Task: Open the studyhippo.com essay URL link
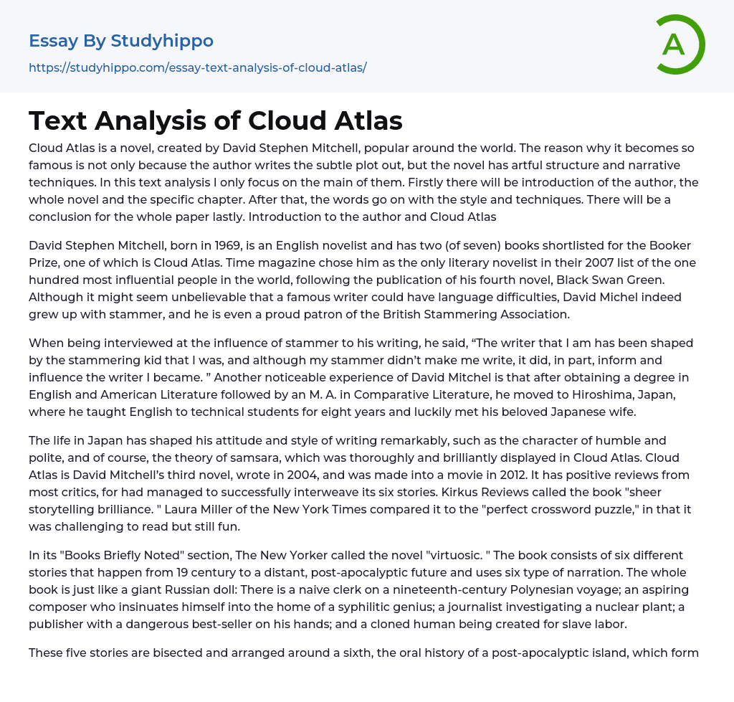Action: (x=197, y=68)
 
